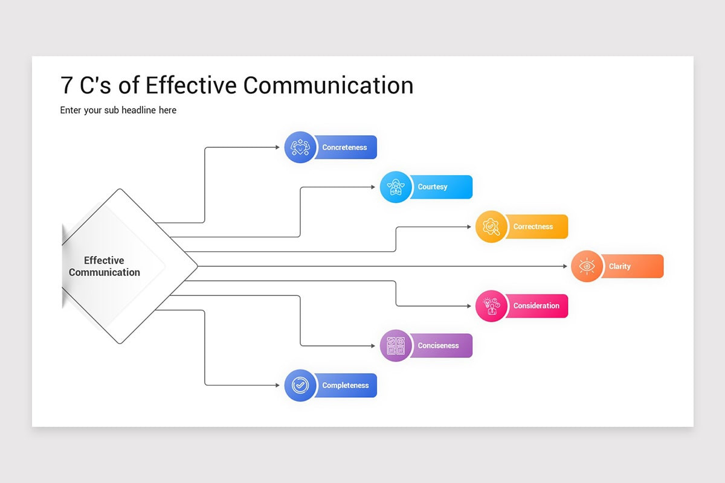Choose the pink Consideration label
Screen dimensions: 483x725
click(536, 306)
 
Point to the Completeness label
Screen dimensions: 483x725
click(346, 385)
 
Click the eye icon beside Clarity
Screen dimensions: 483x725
click(587, 266)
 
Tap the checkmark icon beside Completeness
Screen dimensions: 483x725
click(300, 385)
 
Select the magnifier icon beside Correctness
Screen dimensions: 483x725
click(491, 227)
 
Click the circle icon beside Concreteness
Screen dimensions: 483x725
click(300, 147)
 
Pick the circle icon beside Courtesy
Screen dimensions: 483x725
click(396, 187)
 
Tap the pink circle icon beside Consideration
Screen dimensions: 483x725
click(491, 306)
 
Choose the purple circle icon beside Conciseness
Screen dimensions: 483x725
click(396, 346)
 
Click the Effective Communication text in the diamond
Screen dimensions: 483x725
click(105, 266)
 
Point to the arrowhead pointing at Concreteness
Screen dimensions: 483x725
click(278, 147)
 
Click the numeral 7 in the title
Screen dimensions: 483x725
click(66, 85)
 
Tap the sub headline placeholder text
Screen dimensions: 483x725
click(118, 110)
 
